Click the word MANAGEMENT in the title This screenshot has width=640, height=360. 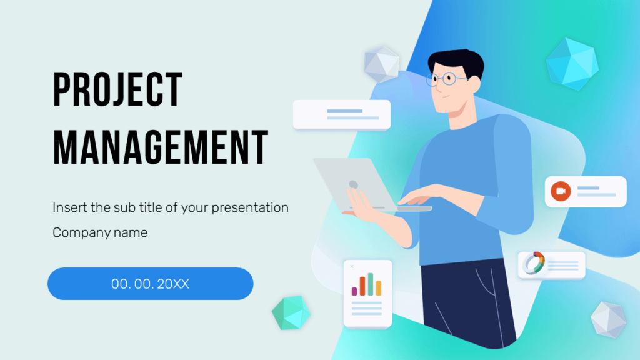[161, 147]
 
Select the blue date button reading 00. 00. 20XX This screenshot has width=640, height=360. [151, 284]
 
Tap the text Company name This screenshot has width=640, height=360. [100, 233]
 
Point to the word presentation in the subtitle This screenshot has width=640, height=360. [249, 207]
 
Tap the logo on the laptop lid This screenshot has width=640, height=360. [353, 184]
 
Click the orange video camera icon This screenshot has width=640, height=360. [560, 191]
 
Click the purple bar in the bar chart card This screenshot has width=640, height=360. [354, 291]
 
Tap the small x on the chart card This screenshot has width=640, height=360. [352, 267]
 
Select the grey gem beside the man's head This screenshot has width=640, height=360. [381, 63]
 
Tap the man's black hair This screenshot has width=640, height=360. [459, 62]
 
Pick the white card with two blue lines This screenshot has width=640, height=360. [342, 115]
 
